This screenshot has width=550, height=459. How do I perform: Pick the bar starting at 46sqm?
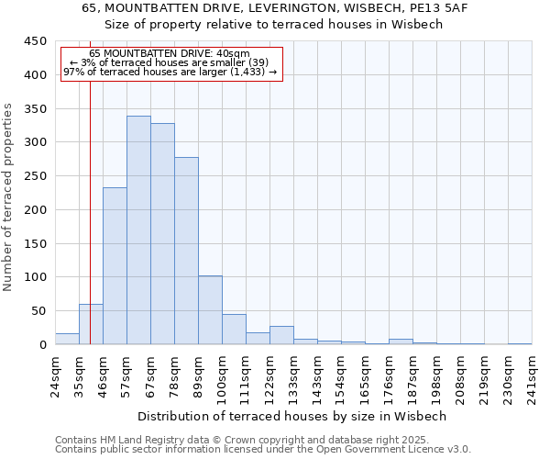[115, 266]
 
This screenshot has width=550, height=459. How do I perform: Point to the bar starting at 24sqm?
[67, 339]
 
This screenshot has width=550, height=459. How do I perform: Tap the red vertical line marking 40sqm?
[90, 184]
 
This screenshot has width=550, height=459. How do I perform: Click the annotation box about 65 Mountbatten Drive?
[170, 62]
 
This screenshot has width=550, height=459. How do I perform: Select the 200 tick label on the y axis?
[35, 209]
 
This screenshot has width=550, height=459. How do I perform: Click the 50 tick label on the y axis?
[38, 310]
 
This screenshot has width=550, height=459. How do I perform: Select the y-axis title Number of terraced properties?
[8, 196]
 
